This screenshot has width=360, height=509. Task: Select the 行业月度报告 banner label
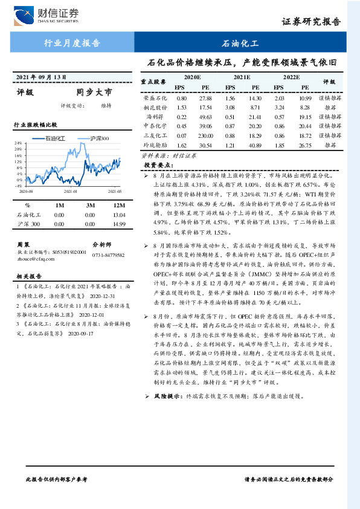coord(72,44)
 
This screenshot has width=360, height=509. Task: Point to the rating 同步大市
coord(94,93)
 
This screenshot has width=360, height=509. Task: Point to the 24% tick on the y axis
coord(18,144)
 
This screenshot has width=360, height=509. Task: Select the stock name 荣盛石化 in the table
coord(155,98)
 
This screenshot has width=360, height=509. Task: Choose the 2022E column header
coord(291,78)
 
